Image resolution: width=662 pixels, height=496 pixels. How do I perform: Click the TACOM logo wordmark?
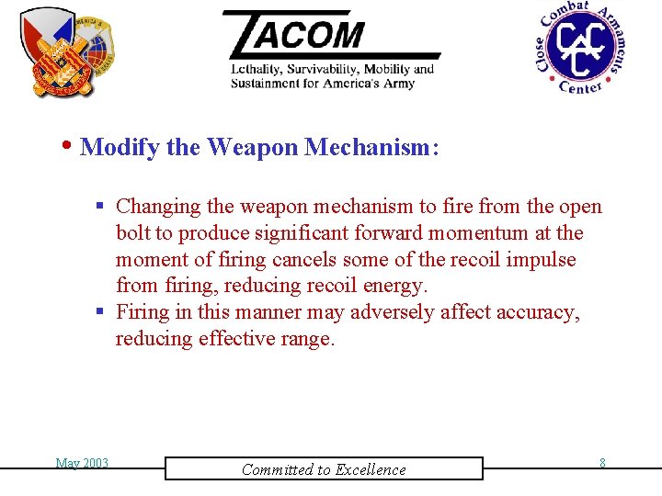click(x=303, y=34)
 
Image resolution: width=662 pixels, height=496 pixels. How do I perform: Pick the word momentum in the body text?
click(x=490, y=233)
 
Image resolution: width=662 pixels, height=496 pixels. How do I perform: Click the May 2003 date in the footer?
click(x=82, y=463)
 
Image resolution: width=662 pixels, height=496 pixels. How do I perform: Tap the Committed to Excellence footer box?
click(x=324, y=469)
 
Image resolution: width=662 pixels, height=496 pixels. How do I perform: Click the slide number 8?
click(x=602, y=463)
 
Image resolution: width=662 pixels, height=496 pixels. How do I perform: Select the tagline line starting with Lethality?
click(x=332, y=70)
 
